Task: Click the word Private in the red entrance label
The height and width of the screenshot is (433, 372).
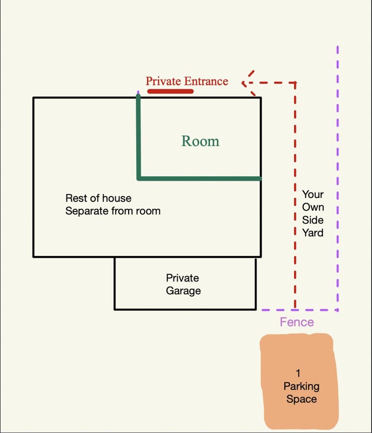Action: (163, 81)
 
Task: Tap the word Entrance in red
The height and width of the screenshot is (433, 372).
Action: (206, 81)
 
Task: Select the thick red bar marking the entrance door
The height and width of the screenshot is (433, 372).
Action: (170, 91)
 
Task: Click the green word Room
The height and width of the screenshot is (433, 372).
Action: (200, 141)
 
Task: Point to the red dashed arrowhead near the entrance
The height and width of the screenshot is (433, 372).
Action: (246, 83)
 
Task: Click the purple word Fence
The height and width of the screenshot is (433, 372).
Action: (296, 323)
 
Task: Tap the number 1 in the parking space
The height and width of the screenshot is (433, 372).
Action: (298, 373)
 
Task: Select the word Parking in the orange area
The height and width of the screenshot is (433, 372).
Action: (301, 386)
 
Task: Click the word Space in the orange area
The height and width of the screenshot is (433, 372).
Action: (301, 399)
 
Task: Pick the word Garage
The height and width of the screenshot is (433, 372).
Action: (183, 291)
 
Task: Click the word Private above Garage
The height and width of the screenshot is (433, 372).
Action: (182, 278)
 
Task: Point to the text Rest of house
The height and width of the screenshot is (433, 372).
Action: (98, 198)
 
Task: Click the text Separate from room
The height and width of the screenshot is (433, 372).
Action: (113, 211)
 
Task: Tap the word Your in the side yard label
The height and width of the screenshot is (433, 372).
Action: (313, 194)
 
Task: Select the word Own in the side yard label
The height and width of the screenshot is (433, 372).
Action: (313, 207)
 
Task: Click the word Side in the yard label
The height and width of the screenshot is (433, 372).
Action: (313, 220)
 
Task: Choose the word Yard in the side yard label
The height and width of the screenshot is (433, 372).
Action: (313, 233)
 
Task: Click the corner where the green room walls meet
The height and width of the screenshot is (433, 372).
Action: (139, 178)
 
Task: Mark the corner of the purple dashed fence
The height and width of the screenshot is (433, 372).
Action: (337, 310)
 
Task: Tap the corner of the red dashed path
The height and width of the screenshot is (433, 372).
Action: (295, 83)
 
